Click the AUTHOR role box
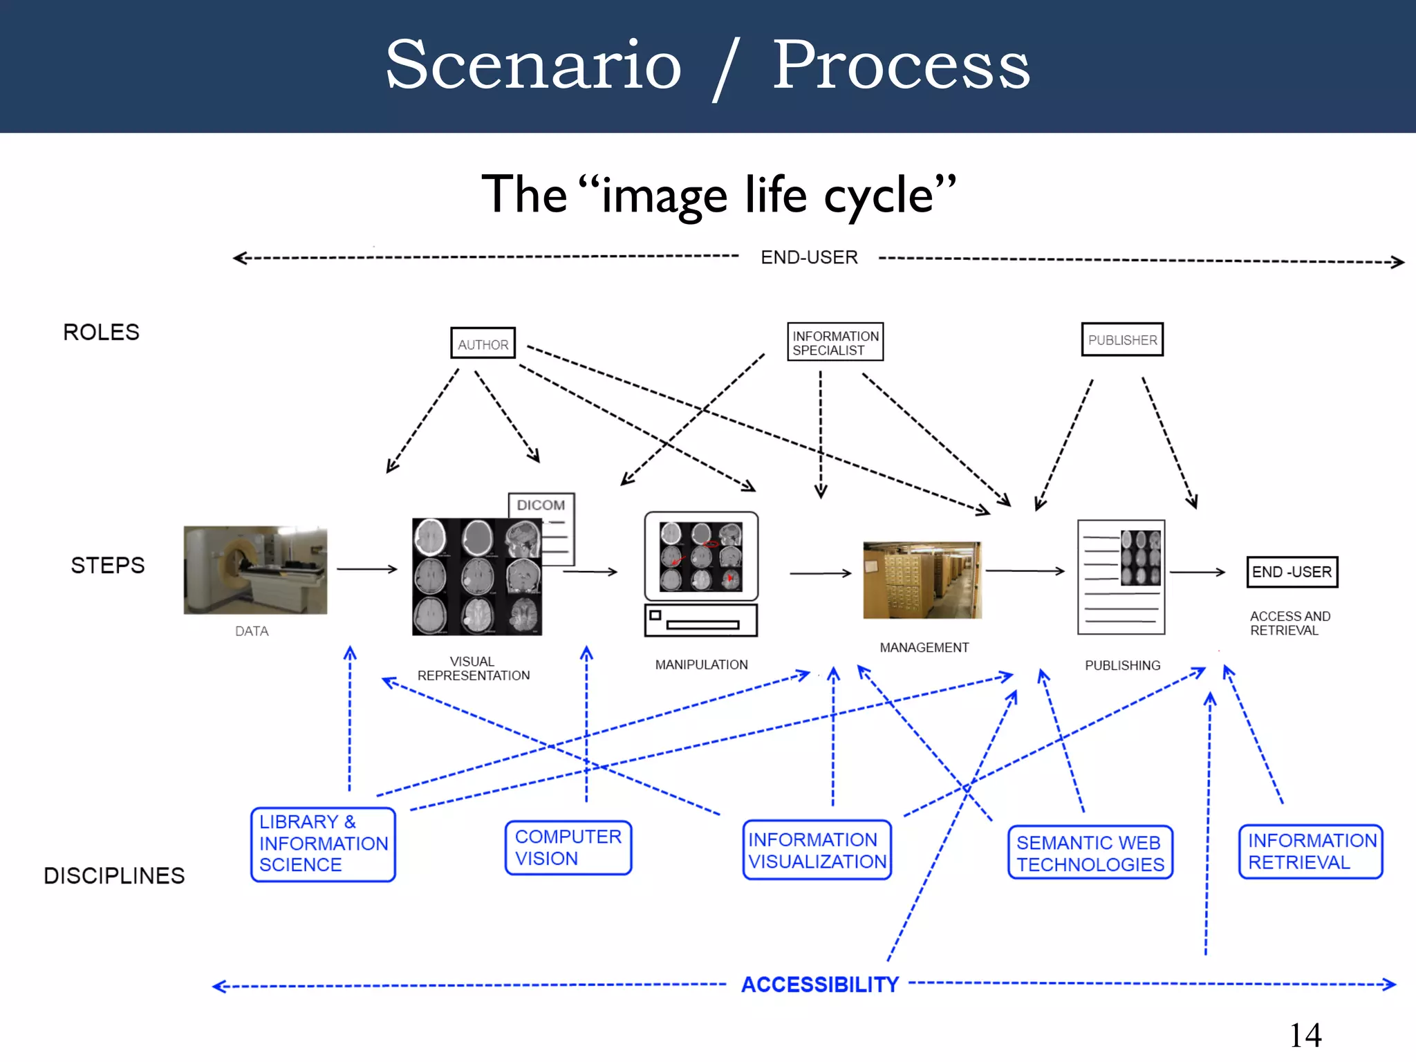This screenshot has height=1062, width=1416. click(x=483, y=343)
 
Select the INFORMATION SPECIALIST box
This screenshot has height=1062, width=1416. click(x=835, y=342)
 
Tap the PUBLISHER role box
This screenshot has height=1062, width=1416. click(x=1122, y=339)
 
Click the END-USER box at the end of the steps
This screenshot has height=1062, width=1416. click(x=1292, y=572)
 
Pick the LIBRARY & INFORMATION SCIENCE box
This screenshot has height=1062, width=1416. click(x=323, y=844)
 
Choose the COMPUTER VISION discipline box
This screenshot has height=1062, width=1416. click(x=568, y=848)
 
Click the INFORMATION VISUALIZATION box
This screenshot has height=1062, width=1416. click(x=817, y=850)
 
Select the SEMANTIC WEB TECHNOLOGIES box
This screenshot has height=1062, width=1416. click(x=1090, y=853)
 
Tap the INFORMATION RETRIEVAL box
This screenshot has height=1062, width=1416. click(x=1311, y=851)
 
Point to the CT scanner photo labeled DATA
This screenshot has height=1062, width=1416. click(x=255, y=570)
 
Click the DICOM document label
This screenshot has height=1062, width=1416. click(x=541, y=505)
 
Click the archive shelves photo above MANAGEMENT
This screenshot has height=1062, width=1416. click(x=922, y=580)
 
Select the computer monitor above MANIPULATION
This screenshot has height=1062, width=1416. click(x=701, y=557)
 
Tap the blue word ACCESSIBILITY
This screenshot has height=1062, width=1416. click(x=820, y=985)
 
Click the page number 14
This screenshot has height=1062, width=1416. click(x=1305, y=1036)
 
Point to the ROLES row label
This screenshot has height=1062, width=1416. click(x=102, y=333)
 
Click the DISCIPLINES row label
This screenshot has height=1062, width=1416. click(x=114, y=876)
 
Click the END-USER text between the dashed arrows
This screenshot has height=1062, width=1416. click(x=809, y=257)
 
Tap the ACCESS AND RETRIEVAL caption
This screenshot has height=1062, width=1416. click(x=1289, y=623)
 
